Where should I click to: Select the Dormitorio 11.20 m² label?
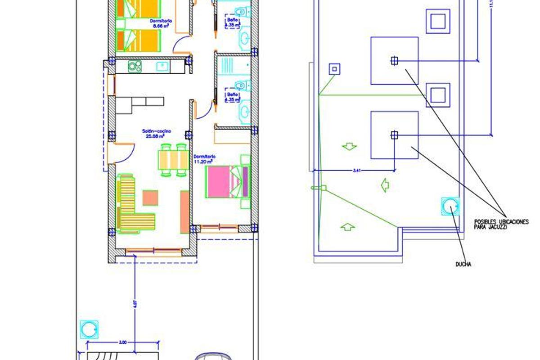pyautogui.click(x=204, y=159)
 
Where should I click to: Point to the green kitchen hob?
pyautogui.click(x=135, y=67)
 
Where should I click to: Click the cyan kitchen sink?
pyautogui.click(x=162, y=67)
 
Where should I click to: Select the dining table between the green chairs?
pyautogui.click(x=173, y=160)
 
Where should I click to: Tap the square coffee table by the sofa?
pyautogui.click(x=150, y=198)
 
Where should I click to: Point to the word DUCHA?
pyautogui.click(x=463, y=265)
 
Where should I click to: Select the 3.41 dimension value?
pyautogui.click(x=357, y=170)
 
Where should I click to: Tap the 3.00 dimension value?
pyautogui.click(x=122, y=343)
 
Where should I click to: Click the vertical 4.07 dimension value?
pyautogui.click(x=134, y=304)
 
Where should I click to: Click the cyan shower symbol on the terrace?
pyautogui.click(x=450, y=207)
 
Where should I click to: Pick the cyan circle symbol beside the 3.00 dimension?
pyautogui.click(x=89, y=330)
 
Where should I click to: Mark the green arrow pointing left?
pyautogui.click(x=385, y=185)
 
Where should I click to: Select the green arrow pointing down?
pyautogui.click(x=350, y=146)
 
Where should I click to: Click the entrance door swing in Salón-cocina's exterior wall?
pyautogui.click(x=124, y=152)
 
